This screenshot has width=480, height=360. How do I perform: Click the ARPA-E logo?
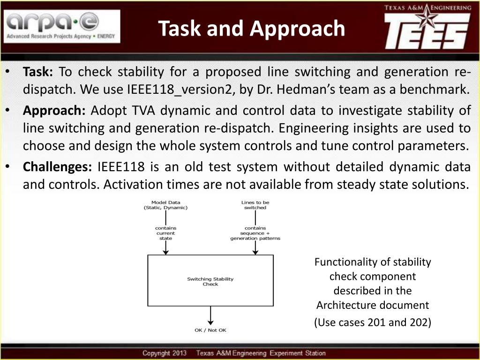tap(62, 27)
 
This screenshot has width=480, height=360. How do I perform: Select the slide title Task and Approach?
tap(252, 28)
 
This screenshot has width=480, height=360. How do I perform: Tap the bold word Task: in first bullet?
tap(38, 72)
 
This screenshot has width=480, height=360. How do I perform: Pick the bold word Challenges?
tap(58, 167)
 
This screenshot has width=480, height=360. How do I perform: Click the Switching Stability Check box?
tap(210, 281)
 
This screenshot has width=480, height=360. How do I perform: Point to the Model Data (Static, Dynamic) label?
tap(165, 205)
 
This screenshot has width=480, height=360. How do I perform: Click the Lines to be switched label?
tap(255, 205)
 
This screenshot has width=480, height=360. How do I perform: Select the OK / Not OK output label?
tap(210, 330)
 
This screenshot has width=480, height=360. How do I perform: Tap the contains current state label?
tap(165, 233)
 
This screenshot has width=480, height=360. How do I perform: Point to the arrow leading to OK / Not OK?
tap(210, 316)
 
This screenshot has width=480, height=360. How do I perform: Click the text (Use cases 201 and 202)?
tap(372, 322)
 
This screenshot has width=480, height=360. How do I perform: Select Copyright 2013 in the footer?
tap(165, 353)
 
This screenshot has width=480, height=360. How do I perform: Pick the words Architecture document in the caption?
tap(372, 306)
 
